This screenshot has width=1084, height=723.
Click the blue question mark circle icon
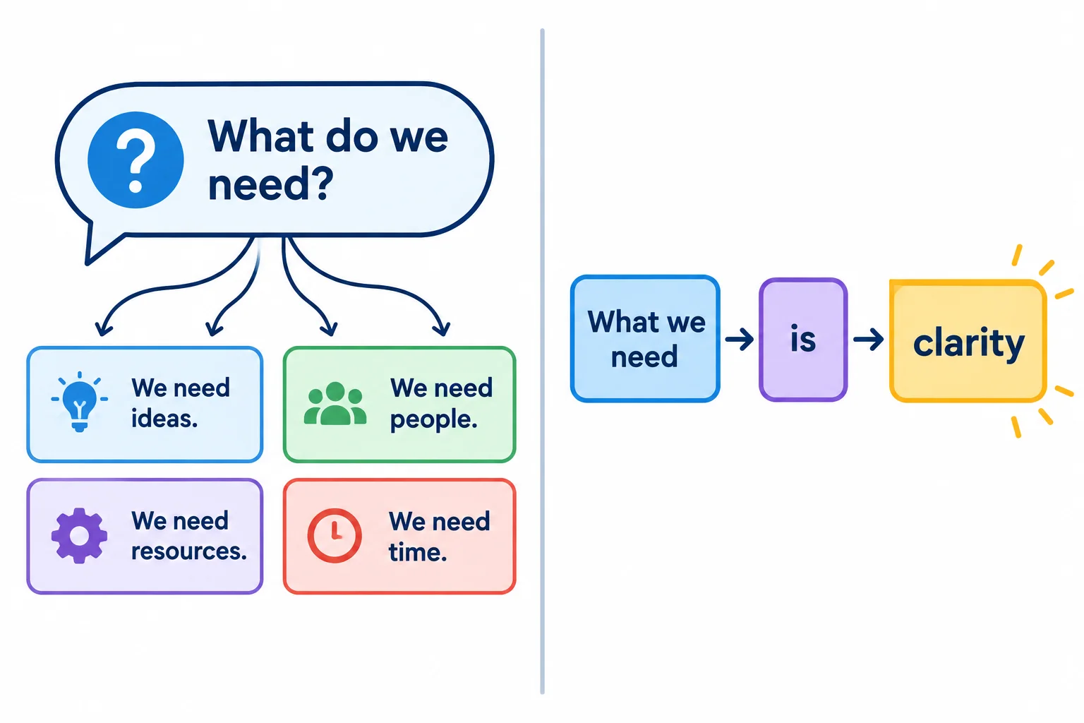pyautogui.click(x=135, y=160)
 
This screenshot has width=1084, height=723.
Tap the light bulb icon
pyautogui.click(x=79, y=402)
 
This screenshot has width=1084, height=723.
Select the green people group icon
pyautogui.click(x=335, y=403)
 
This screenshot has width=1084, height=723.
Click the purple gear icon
pyautogui.click(x=79, y=536)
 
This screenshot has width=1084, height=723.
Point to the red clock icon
pyautogui.click(x=335, y=536)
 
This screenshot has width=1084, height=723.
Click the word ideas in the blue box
pyautogui.click(x=164, y=419)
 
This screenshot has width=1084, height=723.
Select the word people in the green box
pyautogui.click(x=433, y=420)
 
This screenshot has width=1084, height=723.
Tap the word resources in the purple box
pyautogui.click(x=189, y=551)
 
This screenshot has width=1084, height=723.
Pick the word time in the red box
pyautogui.click(x=418, y=552)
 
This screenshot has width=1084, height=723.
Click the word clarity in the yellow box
pyautogui.click(x=969, y=343)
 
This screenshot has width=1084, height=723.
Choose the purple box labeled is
pyautogui.click(x=803, y=340)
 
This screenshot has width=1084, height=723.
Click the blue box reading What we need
pyautogui.click(x=645, y=338)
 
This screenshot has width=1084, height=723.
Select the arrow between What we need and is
pyautogui.click(x=740, y=339)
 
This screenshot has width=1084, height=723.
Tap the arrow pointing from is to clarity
pyautogui.click(x=869, y=339)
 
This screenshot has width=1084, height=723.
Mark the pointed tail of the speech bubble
pyautogui.click(x=87, y=263)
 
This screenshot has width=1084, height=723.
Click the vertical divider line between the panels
pyautogui.click(x=543, y=361)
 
